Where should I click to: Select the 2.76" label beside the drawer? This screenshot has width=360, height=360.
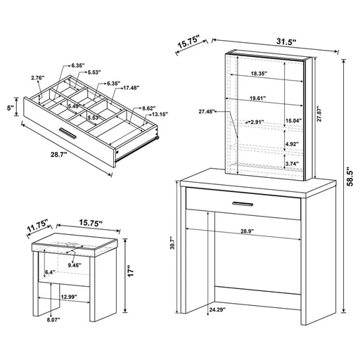pyautogui.click(x=38, y=77)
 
